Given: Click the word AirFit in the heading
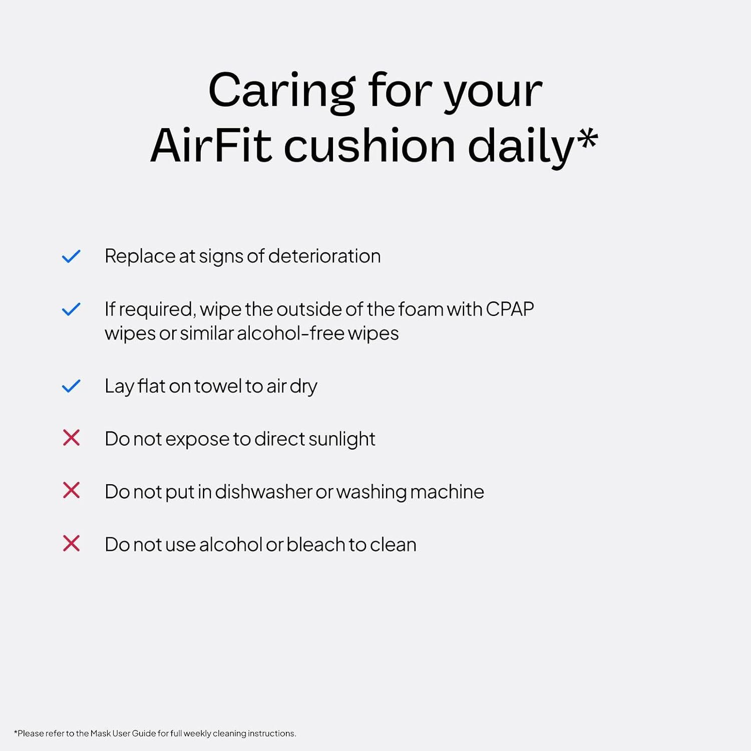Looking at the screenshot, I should tap(210, 146).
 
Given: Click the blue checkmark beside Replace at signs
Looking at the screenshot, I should tap(71, 256).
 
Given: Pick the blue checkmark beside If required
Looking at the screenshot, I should tap(71, 309).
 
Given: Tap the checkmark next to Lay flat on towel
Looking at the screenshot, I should tap(71, 386).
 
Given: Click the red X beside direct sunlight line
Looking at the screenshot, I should tap(71, 438).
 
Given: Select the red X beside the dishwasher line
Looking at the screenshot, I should tap(71, 491).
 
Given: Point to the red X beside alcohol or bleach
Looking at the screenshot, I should tap(71, 543).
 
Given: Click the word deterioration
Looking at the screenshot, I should tap(324, 256).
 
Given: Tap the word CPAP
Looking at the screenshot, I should tap(510, 309).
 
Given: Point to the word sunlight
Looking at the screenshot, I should tap(341, 439).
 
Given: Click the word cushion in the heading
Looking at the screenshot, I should tap(369, 146).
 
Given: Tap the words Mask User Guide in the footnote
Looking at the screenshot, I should tap(123, 733).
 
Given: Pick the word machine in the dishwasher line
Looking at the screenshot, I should tap(447, 492).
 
